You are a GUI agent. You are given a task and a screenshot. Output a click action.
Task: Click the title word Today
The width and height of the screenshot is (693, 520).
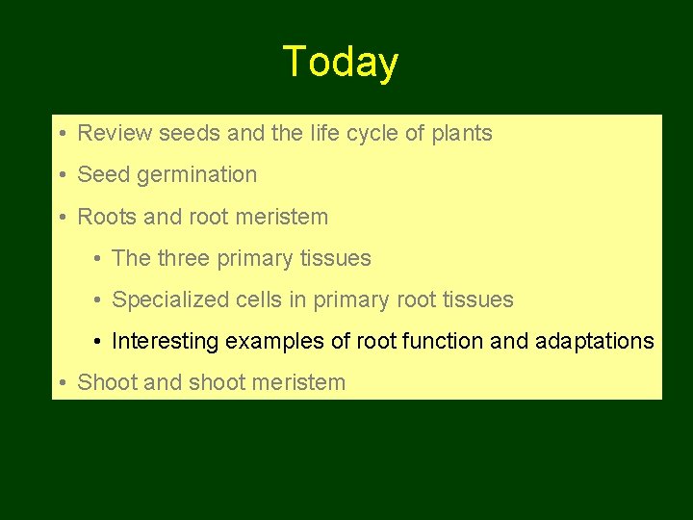tap(341, 63)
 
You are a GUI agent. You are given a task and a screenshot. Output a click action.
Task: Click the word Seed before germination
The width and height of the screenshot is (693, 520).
tap(102, 175)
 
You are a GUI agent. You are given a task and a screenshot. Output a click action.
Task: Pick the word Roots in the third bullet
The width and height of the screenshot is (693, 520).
tap(107, 217)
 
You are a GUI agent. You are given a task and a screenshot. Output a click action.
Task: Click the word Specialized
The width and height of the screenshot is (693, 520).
tap(170, 299)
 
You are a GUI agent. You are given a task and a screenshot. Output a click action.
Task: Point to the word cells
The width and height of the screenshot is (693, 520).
tap(258, 299)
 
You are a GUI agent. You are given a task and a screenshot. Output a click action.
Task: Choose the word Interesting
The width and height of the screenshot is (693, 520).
tap(166, 341)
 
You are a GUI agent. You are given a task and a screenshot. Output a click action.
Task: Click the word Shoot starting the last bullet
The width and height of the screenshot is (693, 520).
tap(107, 382)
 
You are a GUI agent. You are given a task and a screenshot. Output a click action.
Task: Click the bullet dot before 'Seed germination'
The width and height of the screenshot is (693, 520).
tap(61, 175)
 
